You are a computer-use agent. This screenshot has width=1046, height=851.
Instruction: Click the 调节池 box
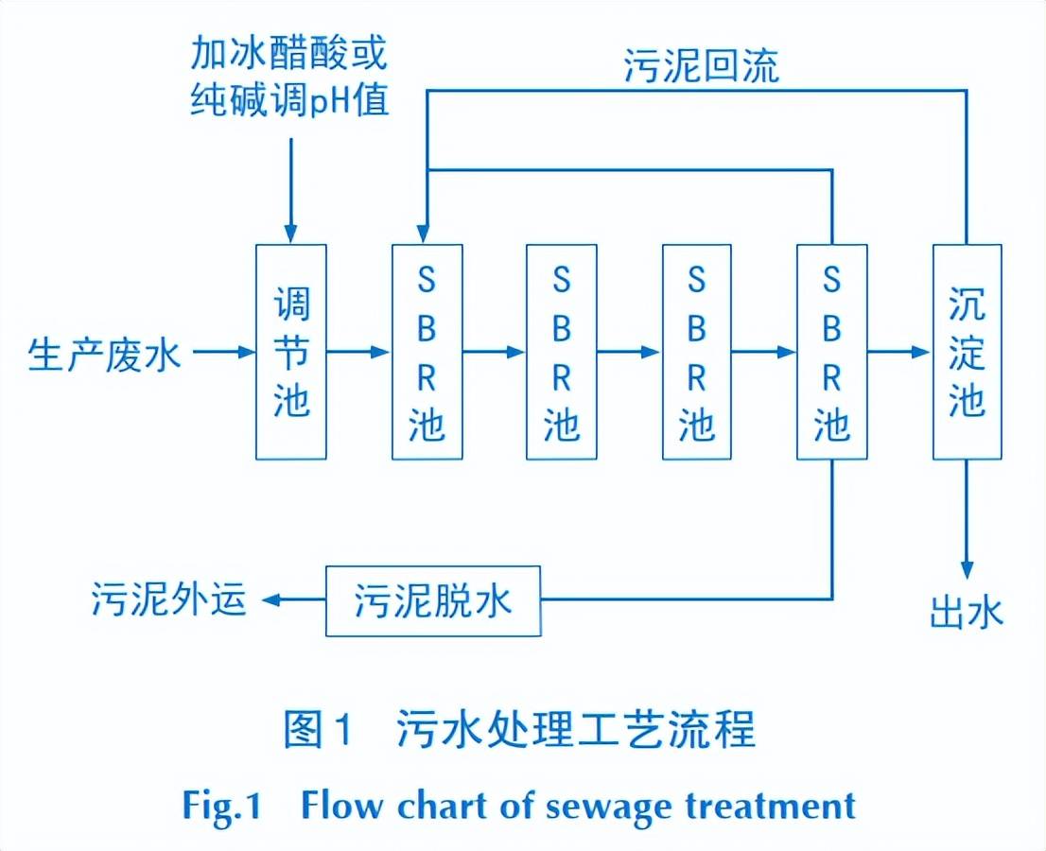tap(291, 352)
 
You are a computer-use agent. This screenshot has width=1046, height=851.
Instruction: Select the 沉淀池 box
tap(967, 352)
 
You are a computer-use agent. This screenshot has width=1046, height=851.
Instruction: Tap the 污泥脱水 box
tap(433, 601)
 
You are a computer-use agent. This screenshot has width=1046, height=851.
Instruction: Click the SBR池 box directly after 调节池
tap(427, 352)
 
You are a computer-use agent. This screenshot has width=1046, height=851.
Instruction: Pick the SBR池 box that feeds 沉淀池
tap(831, 352)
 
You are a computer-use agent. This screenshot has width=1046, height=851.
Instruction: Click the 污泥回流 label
tap(701, 66)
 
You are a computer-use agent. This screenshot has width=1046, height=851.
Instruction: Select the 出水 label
tap(965, 614)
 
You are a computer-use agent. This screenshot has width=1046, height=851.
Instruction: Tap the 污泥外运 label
tap(169, 600)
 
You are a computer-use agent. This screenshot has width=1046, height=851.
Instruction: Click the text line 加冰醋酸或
tap(288, 54)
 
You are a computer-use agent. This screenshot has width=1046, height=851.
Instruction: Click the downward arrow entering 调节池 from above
tap(290, 189)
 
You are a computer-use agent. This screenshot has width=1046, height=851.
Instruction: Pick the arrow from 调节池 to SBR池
tap(359, 352)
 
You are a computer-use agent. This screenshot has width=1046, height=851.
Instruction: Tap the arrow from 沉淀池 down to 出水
tap(967, 520)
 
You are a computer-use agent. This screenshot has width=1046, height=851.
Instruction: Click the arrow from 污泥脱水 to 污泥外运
tap(293, 600)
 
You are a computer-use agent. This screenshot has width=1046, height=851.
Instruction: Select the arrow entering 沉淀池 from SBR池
tap(898, 352)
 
